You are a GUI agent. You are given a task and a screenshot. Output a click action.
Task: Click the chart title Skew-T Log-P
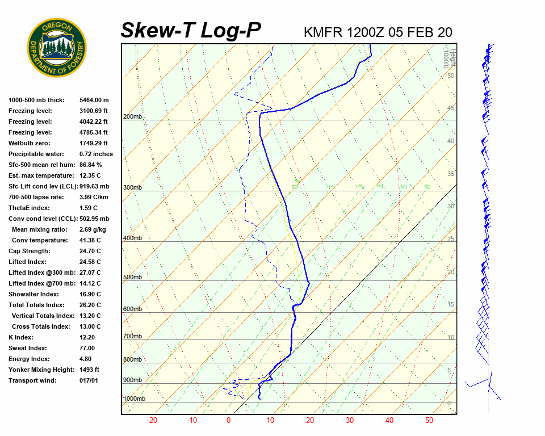tap(191, 31)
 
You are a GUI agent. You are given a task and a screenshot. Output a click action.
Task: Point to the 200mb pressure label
tap(132, 117)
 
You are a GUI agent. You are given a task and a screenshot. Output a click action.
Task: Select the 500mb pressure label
tap(132, 278)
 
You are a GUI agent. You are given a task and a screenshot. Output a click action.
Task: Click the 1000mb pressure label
tap(134, 399)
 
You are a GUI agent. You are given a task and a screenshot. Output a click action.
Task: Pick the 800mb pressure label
tap(132, 360)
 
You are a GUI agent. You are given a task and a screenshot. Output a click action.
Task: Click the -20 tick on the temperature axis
tap(152, 421)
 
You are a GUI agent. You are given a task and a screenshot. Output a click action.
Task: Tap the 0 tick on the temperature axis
tap(228, 421)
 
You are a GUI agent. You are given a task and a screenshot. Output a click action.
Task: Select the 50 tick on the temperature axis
tap(429, 421)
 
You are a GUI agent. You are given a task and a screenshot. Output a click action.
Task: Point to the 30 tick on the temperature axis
tap(349, 421)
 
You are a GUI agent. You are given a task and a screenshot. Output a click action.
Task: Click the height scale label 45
tap(451, 108)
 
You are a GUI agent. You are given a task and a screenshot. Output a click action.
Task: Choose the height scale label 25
tap(451, 239)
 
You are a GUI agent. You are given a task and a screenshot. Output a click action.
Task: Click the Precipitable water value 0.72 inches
tap(96, 154)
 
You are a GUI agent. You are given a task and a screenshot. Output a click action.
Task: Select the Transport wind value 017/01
tap(89, 380)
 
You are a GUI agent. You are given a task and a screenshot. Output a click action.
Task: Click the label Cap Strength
tap(30, 251)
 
